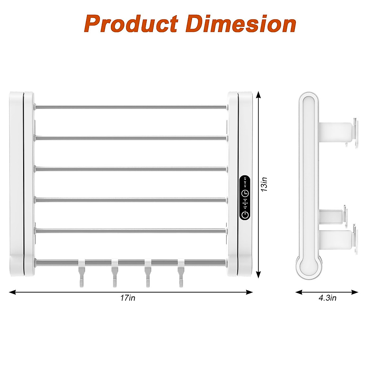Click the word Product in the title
point(131,24)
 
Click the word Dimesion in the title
point(241,24)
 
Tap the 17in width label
point(128,298)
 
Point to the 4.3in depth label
point(327,298)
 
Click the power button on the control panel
point(245,215)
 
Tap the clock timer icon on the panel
point(245,193)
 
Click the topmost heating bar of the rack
point(131,107)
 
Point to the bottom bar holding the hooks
point(131,262)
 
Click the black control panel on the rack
point(245,198)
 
